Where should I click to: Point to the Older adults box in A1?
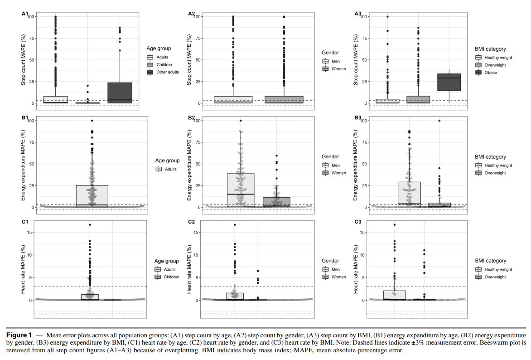[x=120, y=93]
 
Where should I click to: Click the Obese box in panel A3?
[x=449, y=82]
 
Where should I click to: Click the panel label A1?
[x=25, y=14]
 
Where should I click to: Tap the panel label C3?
[x=358, y=222]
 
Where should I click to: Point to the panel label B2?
[x=192, y=118]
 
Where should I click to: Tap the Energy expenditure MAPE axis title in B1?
[x=23, y=164]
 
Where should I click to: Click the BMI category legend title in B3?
[x=490, y=157]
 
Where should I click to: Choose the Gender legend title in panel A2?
[x=330, y=53]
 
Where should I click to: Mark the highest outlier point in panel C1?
[x=90, y=224]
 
